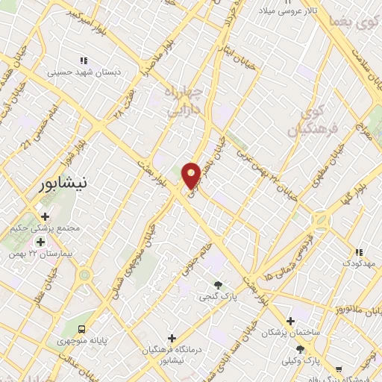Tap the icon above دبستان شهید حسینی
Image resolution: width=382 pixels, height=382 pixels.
pos(84,60)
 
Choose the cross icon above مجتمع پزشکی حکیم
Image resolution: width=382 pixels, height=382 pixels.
pos(45,216)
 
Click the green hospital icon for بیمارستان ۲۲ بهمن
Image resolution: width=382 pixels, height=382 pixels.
pos(40,242)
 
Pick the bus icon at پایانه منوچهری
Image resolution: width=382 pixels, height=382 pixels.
pos(81,328)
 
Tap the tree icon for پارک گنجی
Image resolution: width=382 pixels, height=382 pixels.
pos(218,284)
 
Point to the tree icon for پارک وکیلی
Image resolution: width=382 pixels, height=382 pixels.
pos(300,348)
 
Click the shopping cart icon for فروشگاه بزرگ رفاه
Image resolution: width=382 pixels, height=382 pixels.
pos(339,369)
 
